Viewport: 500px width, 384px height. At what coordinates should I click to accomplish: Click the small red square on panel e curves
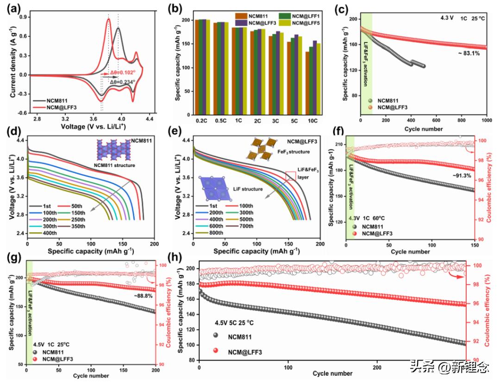(x=290, y=175)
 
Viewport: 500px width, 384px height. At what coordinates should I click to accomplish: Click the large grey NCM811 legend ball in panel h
(x=217, y=335)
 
